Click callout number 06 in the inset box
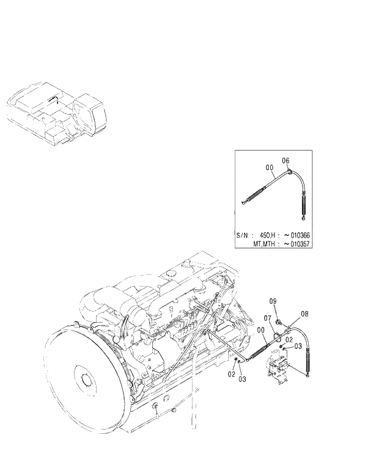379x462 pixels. click(x=285, y=160)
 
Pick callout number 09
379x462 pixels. click(x=273, y=301)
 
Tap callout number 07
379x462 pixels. click(x=267, y=318)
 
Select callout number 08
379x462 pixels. click(x=304, y=314)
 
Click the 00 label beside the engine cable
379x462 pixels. click(x=261, y=331)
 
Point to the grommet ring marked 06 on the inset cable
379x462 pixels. click(x=289, y=172)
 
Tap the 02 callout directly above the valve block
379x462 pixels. click(x=289, y=339)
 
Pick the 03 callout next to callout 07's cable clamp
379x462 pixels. click(x=298, y=346)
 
